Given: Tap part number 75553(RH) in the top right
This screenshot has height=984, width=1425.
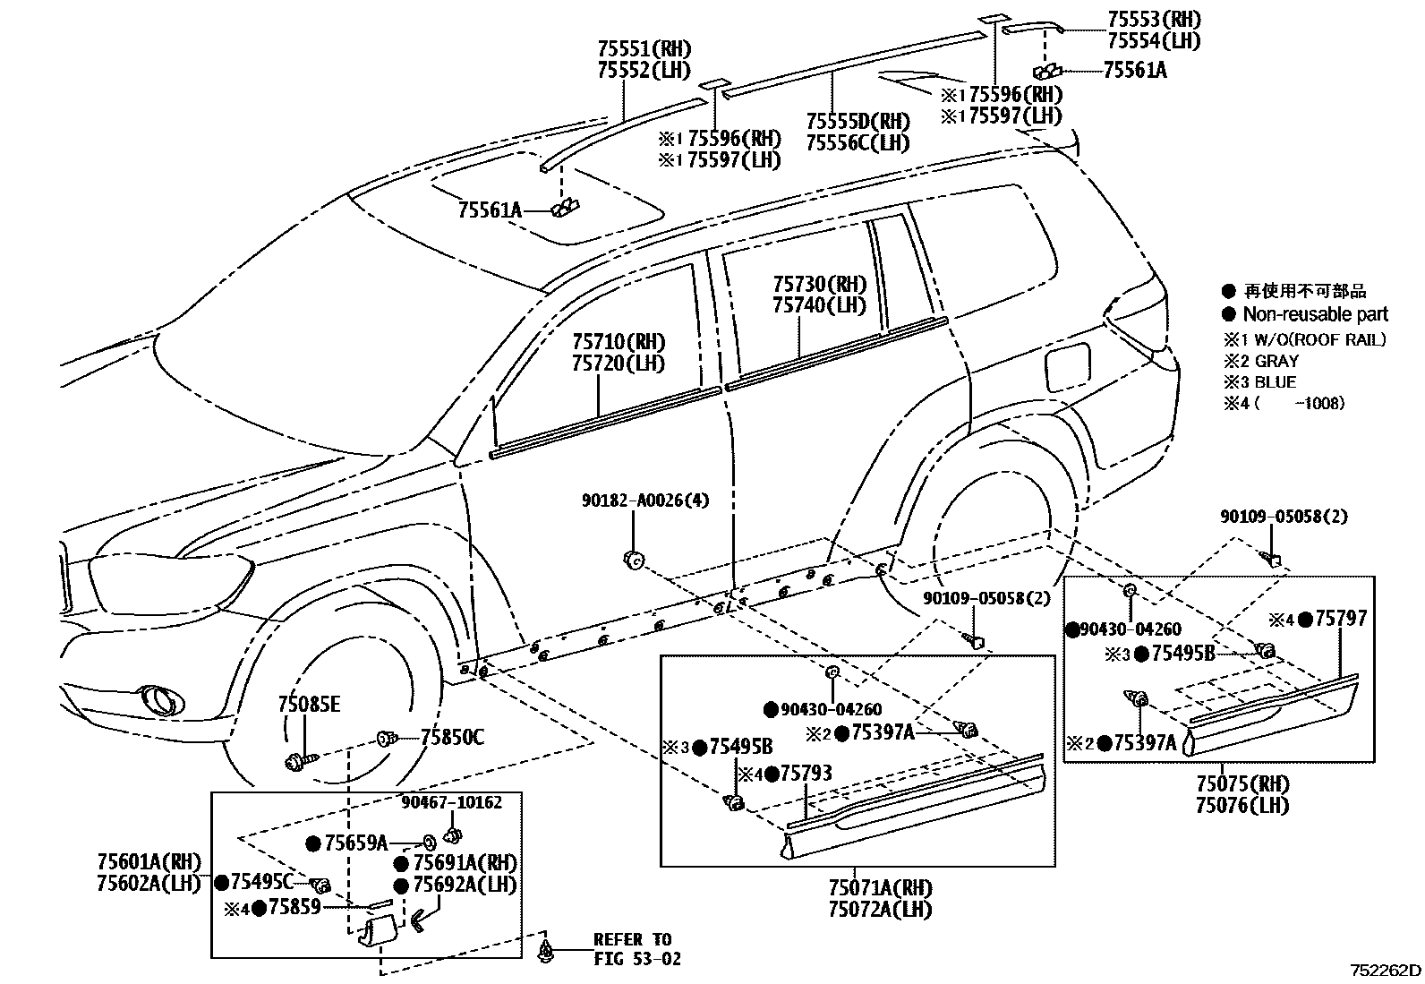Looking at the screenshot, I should [1154, 19].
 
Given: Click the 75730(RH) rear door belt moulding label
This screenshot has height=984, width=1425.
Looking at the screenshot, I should [820, 284].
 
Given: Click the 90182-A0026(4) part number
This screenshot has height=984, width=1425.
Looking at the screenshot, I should [644, 501].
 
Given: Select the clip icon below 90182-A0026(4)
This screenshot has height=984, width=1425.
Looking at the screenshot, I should [633, 560].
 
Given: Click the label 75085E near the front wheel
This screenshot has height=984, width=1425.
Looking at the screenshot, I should [309, 705].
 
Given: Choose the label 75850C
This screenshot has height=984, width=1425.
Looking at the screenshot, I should [452, 737].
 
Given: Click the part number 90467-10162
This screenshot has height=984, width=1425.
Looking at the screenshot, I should [451, 803].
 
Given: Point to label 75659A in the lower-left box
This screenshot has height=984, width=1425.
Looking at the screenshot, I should [356, 843].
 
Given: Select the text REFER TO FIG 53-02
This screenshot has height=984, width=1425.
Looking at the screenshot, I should [636, 949].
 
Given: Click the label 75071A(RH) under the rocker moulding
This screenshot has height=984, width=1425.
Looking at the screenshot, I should [880, 887].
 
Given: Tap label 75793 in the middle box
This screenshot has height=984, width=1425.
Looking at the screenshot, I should [806, 773].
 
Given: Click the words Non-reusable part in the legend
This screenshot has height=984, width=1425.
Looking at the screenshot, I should [1315, 314].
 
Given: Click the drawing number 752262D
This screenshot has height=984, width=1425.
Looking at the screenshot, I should [1386, 970].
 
